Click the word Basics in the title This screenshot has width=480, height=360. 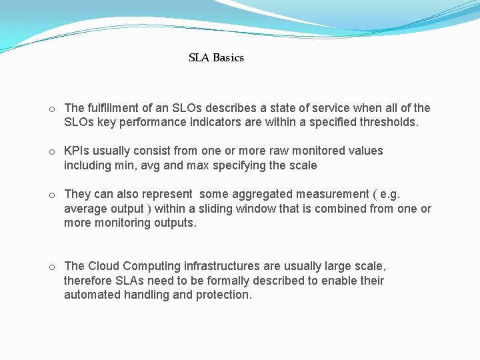(x=229, y=58)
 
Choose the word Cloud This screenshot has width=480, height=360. (x=103, y=266)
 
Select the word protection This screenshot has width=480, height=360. (x=224, y=295)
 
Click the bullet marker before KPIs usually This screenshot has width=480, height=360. (x=51, y=151)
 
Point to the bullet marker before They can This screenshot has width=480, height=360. (x=51, y=195)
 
